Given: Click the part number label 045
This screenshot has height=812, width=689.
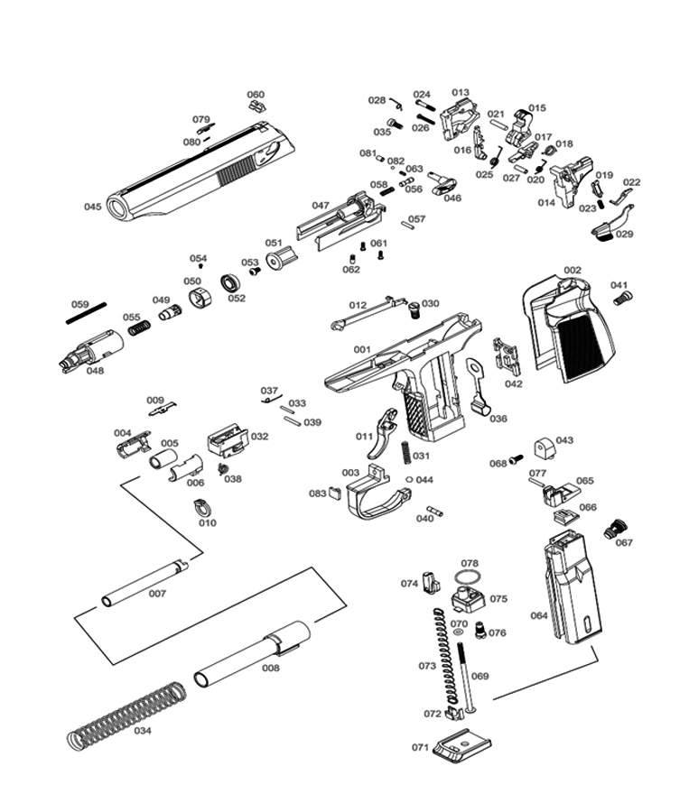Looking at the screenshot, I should [93, 207].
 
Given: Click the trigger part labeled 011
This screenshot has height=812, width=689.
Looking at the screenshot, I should [389, 434].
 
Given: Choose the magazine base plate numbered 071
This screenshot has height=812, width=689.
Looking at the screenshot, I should [463, 748].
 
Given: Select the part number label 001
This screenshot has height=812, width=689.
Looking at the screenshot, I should [362, 349].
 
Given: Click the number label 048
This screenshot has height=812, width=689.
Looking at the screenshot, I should [95, 369].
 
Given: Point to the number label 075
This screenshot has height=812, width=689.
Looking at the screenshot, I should [498, 598].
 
